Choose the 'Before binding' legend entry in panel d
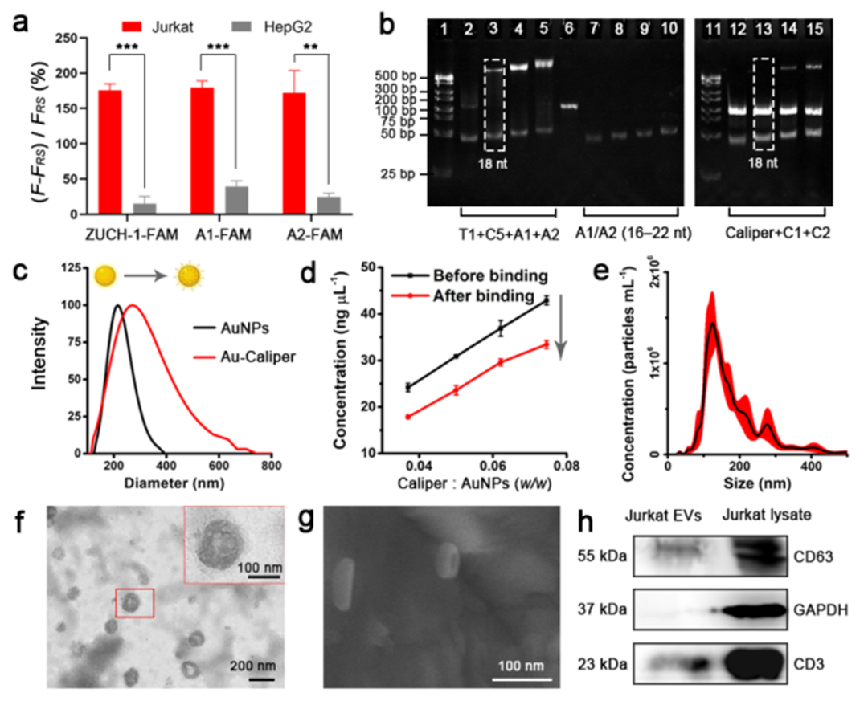pos(488,275)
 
